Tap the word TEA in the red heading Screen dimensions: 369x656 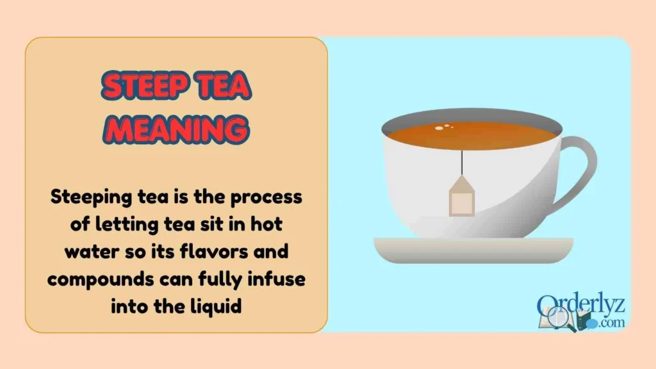click(x=221, y=87)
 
